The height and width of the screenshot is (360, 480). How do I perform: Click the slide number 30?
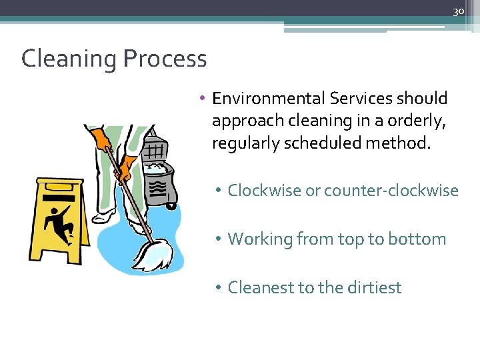coord(458,11)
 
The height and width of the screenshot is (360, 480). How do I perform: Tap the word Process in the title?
coord(165,59)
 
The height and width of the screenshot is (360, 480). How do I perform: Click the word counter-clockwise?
coord(391,191)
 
